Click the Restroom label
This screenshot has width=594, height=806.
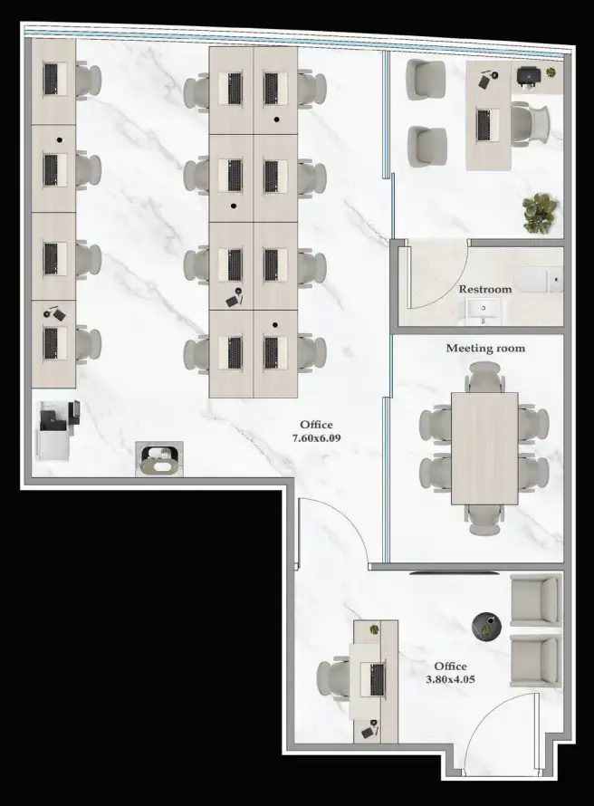[484, 290]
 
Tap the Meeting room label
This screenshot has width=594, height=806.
[484, 348]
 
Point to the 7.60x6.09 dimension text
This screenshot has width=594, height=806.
[316, 438]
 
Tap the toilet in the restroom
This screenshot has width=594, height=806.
[541, 280]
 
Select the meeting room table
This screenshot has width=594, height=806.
[484, 448]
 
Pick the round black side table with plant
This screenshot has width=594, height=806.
[487, 624]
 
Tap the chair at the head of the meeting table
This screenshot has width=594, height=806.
[484, 376]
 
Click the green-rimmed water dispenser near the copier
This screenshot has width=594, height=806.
[159, 459]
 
